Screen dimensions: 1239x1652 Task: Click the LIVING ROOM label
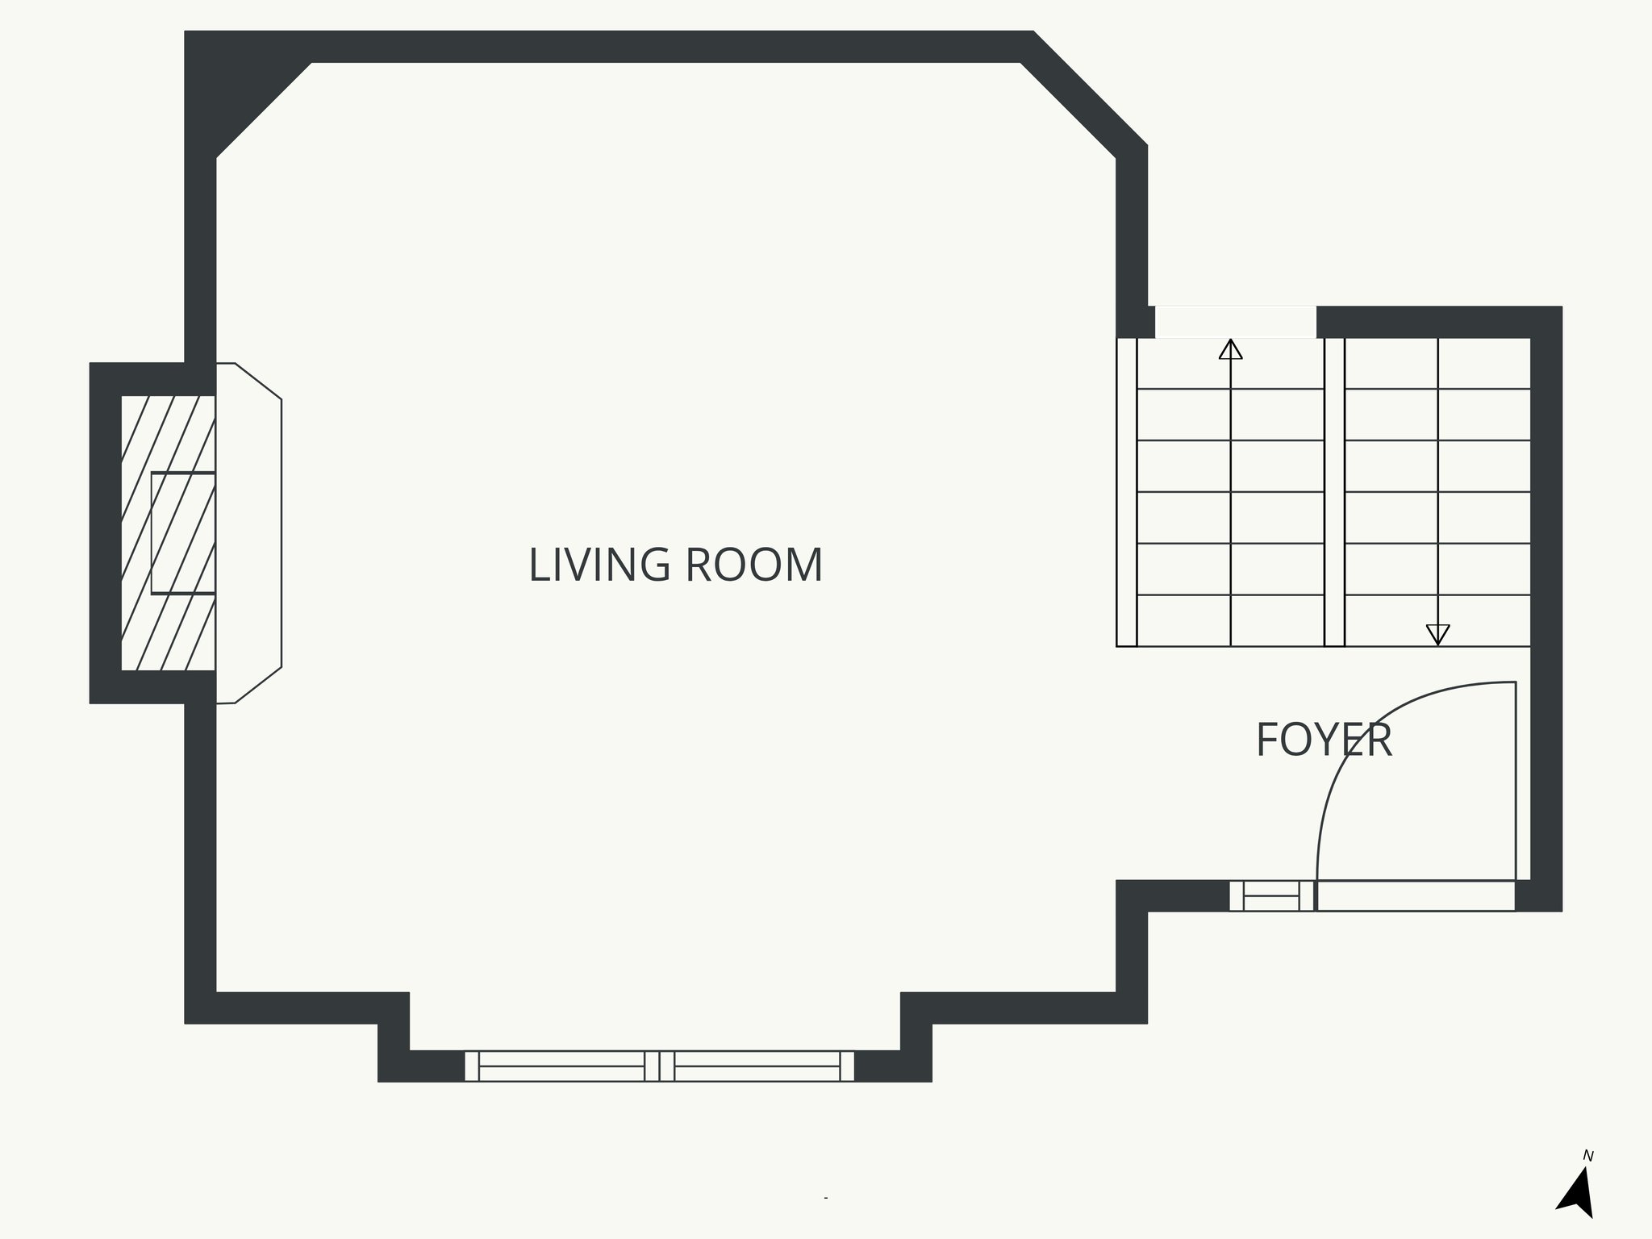pos(675,565)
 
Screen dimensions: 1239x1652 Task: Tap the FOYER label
pos(1324,740)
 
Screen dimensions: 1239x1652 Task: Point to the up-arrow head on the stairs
pos(1230,349)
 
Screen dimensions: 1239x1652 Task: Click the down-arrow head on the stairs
pos(1437,634)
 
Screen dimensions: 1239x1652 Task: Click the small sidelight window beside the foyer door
pos(1271,896)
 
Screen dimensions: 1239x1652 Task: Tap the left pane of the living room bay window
pos(561,1066)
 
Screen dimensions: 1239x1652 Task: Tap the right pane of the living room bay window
pos(757,1066)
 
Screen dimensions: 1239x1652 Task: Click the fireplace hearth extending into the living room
pos(249,532)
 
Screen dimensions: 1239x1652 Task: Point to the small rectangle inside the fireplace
pos(183,533)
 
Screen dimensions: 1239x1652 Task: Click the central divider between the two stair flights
pos(1334,492)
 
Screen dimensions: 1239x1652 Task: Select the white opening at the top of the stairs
pos(1235,322)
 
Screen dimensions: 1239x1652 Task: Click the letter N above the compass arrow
pos(1587,1156)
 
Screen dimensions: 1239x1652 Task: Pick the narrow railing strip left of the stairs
pos(1127,492)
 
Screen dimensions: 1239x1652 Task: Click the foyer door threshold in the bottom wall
pos(1416,896)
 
